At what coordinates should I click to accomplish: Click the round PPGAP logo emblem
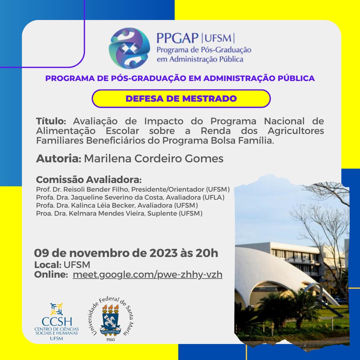click(x=129, y=48)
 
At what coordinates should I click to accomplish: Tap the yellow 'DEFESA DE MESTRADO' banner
click(x=181, y=98)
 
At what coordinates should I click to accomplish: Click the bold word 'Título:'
click(x=51, y=121)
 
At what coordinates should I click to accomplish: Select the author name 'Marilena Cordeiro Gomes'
click(x=154, y=158)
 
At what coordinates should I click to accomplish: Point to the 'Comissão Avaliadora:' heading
click(x=89, y=180)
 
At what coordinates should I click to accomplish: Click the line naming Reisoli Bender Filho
click(x=133, y=189)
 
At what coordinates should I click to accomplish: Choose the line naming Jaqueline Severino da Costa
click(x=130, y=197)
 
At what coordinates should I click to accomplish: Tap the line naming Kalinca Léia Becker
click(x=117, y=205)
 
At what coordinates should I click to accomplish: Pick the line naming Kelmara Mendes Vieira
click(x=119, y=213)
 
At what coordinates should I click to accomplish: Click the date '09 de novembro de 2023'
click(x=106, y=253)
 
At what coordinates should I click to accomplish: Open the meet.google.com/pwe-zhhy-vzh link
click(x=148, y=275)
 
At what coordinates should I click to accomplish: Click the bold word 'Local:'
click(x=48, y=265)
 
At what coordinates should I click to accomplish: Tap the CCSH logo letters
click(x=57, y=322)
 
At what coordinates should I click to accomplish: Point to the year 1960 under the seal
click(x=110, y=340)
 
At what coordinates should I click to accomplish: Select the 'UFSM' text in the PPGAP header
click(x=218, y=38)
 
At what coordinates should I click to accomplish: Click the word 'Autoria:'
click(x=59, y=158)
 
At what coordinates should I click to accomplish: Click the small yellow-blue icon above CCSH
click(x=56, y=309)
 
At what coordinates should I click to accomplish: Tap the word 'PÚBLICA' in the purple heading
click(x=296, y=78)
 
